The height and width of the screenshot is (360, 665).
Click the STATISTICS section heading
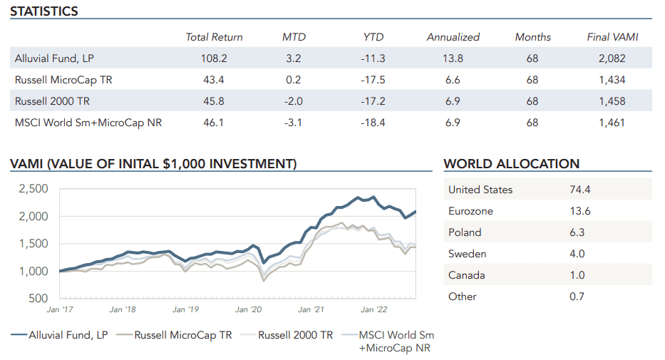(44, 11)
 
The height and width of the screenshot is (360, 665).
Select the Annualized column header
(453, 37)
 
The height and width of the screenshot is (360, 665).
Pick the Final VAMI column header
(612, 37)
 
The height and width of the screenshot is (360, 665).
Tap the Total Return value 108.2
(214, 58)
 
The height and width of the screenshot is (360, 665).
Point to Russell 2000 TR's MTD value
(293, 101)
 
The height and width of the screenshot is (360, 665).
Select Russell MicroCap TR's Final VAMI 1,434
(612, 80)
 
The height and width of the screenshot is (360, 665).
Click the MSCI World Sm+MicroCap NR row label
(88, 123)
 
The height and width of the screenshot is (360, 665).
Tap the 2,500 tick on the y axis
(33, 189)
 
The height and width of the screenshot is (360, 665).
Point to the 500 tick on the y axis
(38, 299)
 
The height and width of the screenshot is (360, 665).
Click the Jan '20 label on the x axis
(247, 310)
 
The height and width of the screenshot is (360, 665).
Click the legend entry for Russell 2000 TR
(295, 335)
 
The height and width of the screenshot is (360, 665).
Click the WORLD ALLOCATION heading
(511, 164)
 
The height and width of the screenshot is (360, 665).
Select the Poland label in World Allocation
(465, 232)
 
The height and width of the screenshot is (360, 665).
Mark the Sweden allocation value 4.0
(577, 254)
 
